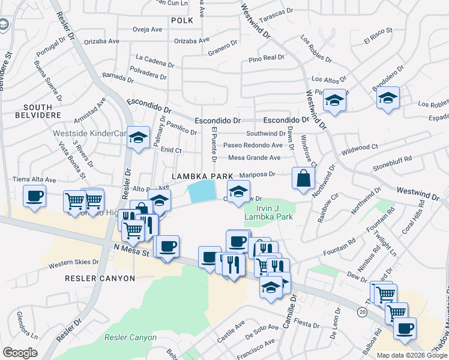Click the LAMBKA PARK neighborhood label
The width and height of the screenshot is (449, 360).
[202, 176]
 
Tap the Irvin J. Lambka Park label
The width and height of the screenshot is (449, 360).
[268, 211]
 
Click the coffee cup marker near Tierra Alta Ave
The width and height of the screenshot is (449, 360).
[34, 196]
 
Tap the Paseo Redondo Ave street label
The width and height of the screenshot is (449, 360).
[253, 145]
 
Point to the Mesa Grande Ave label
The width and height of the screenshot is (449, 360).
[254, 158]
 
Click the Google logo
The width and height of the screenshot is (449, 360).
[20, 353]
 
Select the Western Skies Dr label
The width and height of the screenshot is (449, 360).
[73, 263]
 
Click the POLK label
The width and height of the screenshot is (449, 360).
[182, 20]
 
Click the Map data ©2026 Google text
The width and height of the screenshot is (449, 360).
[411, 355]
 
